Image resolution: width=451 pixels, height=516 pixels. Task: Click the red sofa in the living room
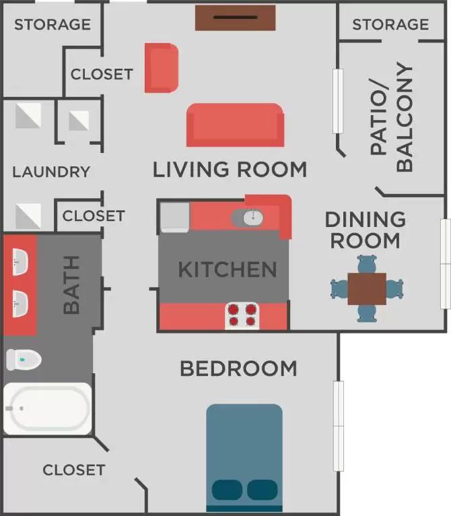coord(234,125)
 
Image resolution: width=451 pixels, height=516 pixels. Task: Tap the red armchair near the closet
coord(161,67)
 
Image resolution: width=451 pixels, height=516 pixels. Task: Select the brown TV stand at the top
coord(236,18)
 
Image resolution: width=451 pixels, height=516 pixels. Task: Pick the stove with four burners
coord(242,315)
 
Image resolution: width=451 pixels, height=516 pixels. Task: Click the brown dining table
coord(367,288)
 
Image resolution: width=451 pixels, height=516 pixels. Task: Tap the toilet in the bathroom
coord(23,360)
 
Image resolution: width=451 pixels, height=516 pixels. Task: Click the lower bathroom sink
coord(20,303)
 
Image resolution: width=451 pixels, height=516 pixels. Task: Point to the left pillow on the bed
coord(228,490)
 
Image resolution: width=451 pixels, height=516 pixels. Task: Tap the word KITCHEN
coord(227,270)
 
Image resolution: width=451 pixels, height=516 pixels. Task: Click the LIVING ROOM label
coord(230,169)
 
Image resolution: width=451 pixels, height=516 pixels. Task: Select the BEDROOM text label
coord(238,368)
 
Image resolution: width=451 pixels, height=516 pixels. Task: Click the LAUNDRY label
coord(51,172)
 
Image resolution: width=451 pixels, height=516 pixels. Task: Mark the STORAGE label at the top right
coord(390,24)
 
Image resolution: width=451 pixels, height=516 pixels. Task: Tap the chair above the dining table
coord(367,263)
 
